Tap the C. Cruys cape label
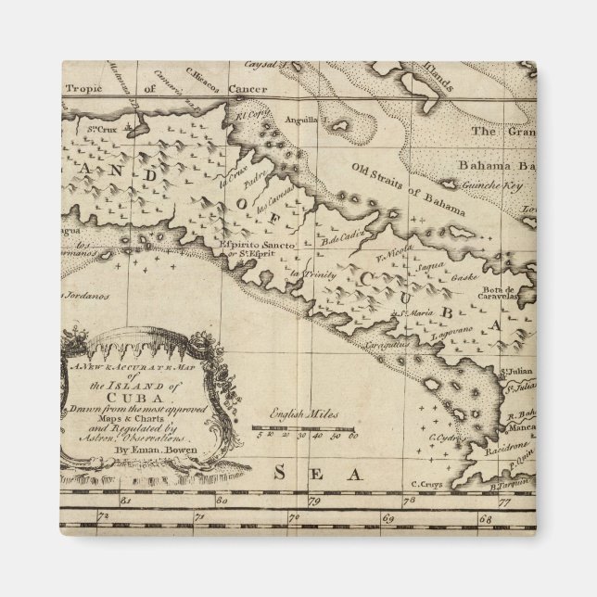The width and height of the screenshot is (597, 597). pos(427,483)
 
